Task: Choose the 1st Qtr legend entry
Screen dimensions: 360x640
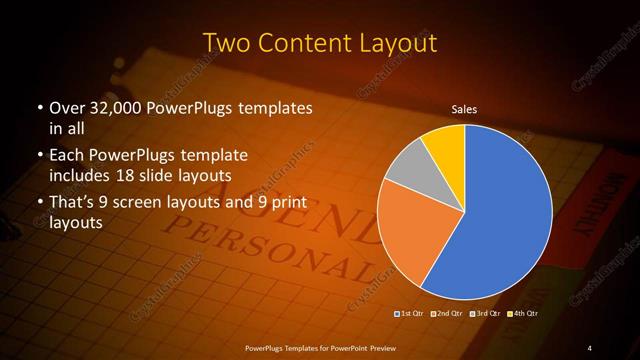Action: tap(410, 314)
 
